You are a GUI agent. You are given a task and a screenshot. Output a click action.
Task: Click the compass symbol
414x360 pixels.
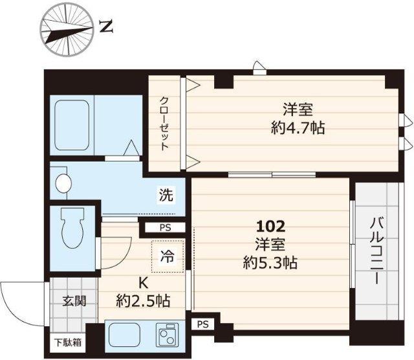coord(67,28)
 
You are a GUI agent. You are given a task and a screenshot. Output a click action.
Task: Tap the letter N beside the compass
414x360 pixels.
coord(107,28)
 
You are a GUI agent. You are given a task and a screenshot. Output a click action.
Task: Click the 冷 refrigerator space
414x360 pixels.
coord(168,255)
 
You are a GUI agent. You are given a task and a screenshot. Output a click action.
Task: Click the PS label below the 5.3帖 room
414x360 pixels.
coord(203,323)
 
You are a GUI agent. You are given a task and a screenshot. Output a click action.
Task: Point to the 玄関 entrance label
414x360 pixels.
coord(72,301)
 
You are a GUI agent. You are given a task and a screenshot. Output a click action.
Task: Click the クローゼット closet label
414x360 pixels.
coord(166,124)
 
